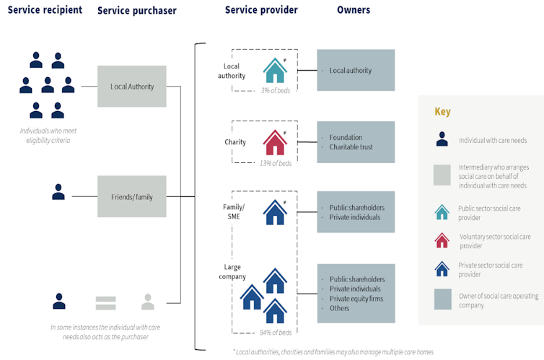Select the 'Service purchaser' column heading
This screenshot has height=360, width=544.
coord(136,11)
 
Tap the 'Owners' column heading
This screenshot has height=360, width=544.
coord(354,10)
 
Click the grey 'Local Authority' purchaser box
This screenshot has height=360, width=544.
coord(132,87)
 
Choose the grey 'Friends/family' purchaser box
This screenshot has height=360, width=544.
coord(132,196)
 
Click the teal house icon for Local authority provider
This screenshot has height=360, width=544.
coord(274,71)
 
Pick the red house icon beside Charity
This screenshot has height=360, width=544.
coord(274,142)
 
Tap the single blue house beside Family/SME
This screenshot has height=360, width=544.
coord(274,212)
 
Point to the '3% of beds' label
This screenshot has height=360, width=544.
coord(276,91)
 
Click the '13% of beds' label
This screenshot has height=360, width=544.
coord(276,163)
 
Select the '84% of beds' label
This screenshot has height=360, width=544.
coord(276,332)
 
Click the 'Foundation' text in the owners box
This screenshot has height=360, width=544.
coord(346,137)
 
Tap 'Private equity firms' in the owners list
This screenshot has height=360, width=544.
coord(356,298)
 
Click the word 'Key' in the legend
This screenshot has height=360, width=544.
coord(442,112)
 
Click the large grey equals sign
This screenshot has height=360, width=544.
coord(105,302)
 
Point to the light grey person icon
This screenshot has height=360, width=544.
coord(148,302)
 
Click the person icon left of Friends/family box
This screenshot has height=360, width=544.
coord(58,192)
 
